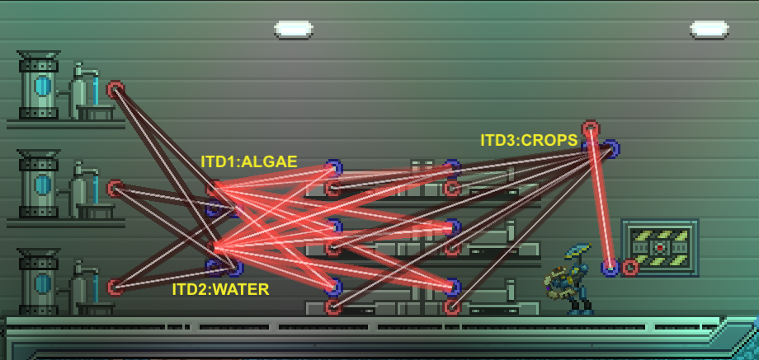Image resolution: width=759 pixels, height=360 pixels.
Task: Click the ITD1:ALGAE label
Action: (249, 161)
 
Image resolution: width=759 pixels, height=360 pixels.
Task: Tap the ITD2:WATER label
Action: (220, 289)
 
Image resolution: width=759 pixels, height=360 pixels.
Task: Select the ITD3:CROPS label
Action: (529, 140)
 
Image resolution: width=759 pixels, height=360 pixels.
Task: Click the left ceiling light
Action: (294, 30)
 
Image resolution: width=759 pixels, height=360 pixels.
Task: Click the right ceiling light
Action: (709, 30)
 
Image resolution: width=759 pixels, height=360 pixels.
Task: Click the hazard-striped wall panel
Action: (660, 246)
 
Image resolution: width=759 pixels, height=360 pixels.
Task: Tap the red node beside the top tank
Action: (115, 88)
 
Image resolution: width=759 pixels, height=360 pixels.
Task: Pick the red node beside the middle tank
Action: (115, 189)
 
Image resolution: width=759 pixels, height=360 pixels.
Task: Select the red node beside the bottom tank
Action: (115, 288)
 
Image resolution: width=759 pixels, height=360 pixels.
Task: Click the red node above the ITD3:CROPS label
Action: (590, 129)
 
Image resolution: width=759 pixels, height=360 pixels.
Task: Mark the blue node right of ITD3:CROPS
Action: (610, 149)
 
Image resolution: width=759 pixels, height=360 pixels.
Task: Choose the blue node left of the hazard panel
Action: (610, 267)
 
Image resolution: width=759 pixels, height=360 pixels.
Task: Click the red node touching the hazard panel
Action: (630, 267)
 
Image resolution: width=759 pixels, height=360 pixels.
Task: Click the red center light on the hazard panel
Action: (660, 246)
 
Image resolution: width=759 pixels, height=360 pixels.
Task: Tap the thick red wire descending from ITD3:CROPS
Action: (601, 206)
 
